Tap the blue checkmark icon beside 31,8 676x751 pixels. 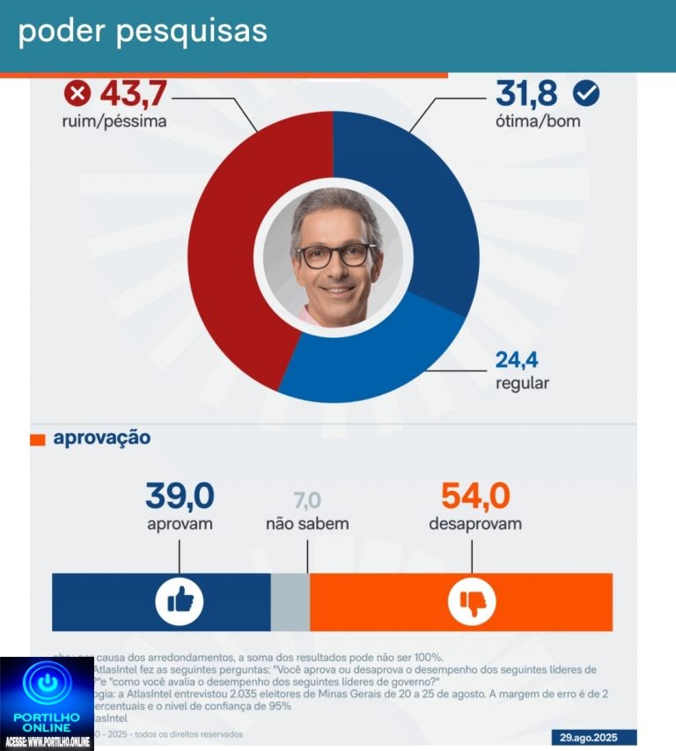click(x=585, y=92)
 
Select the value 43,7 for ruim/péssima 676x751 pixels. click(x=133, y=92)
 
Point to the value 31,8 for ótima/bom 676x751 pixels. click(x=527, y=92)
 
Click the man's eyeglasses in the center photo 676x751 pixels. click(x=335, y=255)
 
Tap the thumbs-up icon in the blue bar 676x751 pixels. click(x=180, y=601)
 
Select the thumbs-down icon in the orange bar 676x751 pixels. click(x=472, y=602)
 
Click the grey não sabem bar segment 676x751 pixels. click(x=290, y=601)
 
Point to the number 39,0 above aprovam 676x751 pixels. click(x=180, y=497)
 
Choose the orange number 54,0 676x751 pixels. click(x=475, y=497)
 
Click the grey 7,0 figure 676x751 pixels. click(x=307, y=501)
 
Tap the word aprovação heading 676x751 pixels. click(x=101, y=438)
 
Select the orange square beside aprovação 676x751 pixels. click(x=38, y=439)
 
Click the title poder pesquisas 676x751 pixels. click(x=143, y=31)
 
